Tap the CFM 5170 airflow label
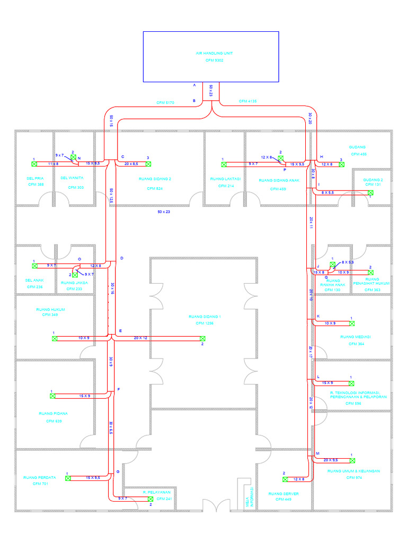coord(165,102)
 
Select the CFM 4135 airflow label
coord(247,101)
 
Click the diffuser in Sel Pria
coord(33,164)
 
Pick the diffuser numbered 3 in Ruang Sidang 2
coord(149,164)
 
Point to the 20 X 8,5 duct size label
coord(131,164)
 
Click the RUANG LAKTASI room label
coord(226,179)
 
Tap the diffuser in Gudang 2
coord(371,192)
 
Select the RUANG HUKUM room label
coord(50,309)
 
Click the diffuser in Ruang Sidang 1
coord(202,338)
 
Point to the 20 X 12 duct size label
coord(140,338)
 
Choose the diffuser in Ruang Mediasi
coord(352,323)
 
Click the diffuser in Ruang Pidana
coord(52,396)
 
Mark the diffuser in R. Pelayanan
coord(151,499)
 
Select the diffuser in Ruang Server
coord(285,479)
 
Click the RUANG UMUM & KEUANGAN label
coord(354,471)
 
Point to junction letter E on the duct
coord(120,331)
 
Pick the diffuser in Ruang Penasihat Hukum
coord(370,272)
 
